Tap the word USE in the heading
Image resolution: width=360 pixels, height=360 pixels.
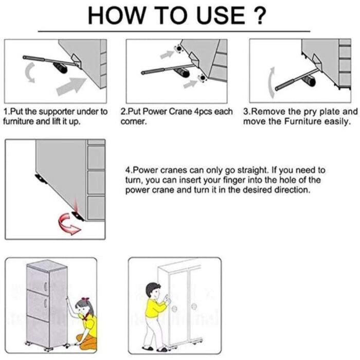pyautogui.click(x=221, y=15)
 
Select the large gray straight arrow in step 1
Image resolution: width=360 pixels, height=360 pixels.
pyautogui.click(x=71, y=86)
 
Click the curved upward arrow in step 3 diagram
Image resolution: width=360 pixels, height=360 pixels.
pyautogui.click(x=272, y=83)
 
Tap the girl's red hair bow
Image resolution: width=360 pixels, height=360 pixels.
pyautogui.click(x=85, y=299)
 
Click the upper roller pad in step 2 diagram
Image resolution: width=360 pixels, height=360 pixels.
pyautogui.click(x=178, y=49)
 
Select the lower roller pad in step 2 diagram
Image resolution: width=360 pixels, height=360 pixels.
pyautogui.click(x=202, y=78)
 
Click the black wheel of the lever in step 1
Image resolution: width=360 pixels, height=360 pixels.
pyautogui.click(x=60, y=67)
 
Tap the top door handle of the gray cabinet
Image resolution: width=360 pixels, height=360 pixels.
pyautogui.click(x=45, y=286)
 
